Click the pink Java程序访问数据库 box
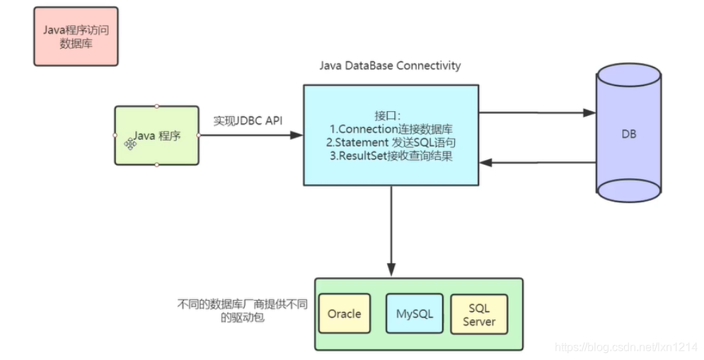[76, 36]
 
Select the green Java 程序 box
[157, 135]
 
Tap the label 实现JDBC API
[248, 121]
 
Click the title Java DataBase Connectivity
[390, 66]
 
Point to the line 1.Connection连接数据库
[391, 129]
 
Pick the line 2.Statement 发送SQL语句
[391, 142]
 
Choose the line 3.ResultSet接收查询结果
[391, 156]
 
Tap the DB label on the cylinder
[629, 133]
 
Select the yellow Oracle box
[345, 313]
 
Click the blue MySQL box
[415, 313]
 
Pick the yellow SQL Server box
[479, 314]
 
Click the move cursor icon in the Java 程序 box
[130, 143]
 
